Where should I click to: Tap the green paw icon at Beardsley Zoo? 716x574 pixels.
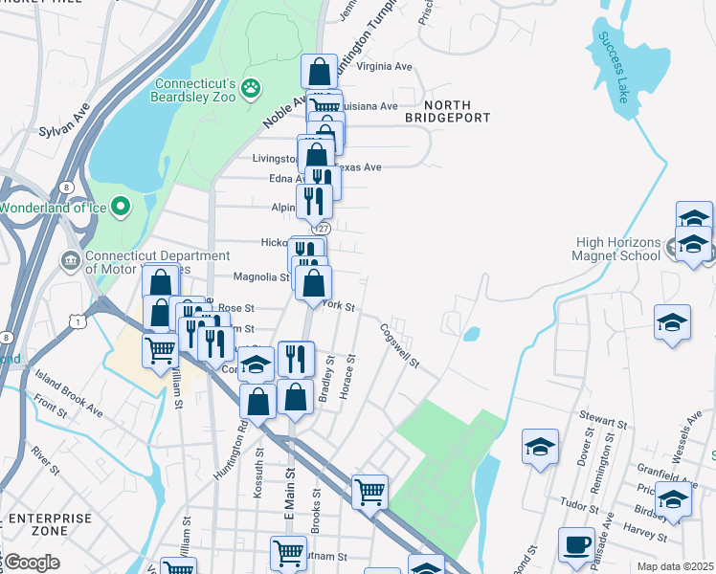pos(251,88)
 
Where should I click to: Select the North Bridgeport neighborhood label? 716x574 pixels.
pos(447,111)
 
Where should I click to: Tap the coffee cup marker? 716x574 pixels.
pos(576,544)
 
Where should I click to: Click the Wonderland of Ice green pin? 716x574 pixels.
pos(121,206)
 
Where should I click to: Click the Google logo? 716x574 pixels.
pos(31,563)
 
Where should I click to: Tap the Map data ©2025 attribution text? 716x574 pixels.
pos(675,566)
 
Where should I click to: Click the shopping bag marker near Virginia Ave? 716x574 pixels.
pos(319,71)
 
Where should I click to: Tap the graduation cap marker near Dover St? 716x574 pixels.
pos(540,447)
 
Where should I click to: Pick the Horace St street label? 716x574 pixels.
pos(351,371)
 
